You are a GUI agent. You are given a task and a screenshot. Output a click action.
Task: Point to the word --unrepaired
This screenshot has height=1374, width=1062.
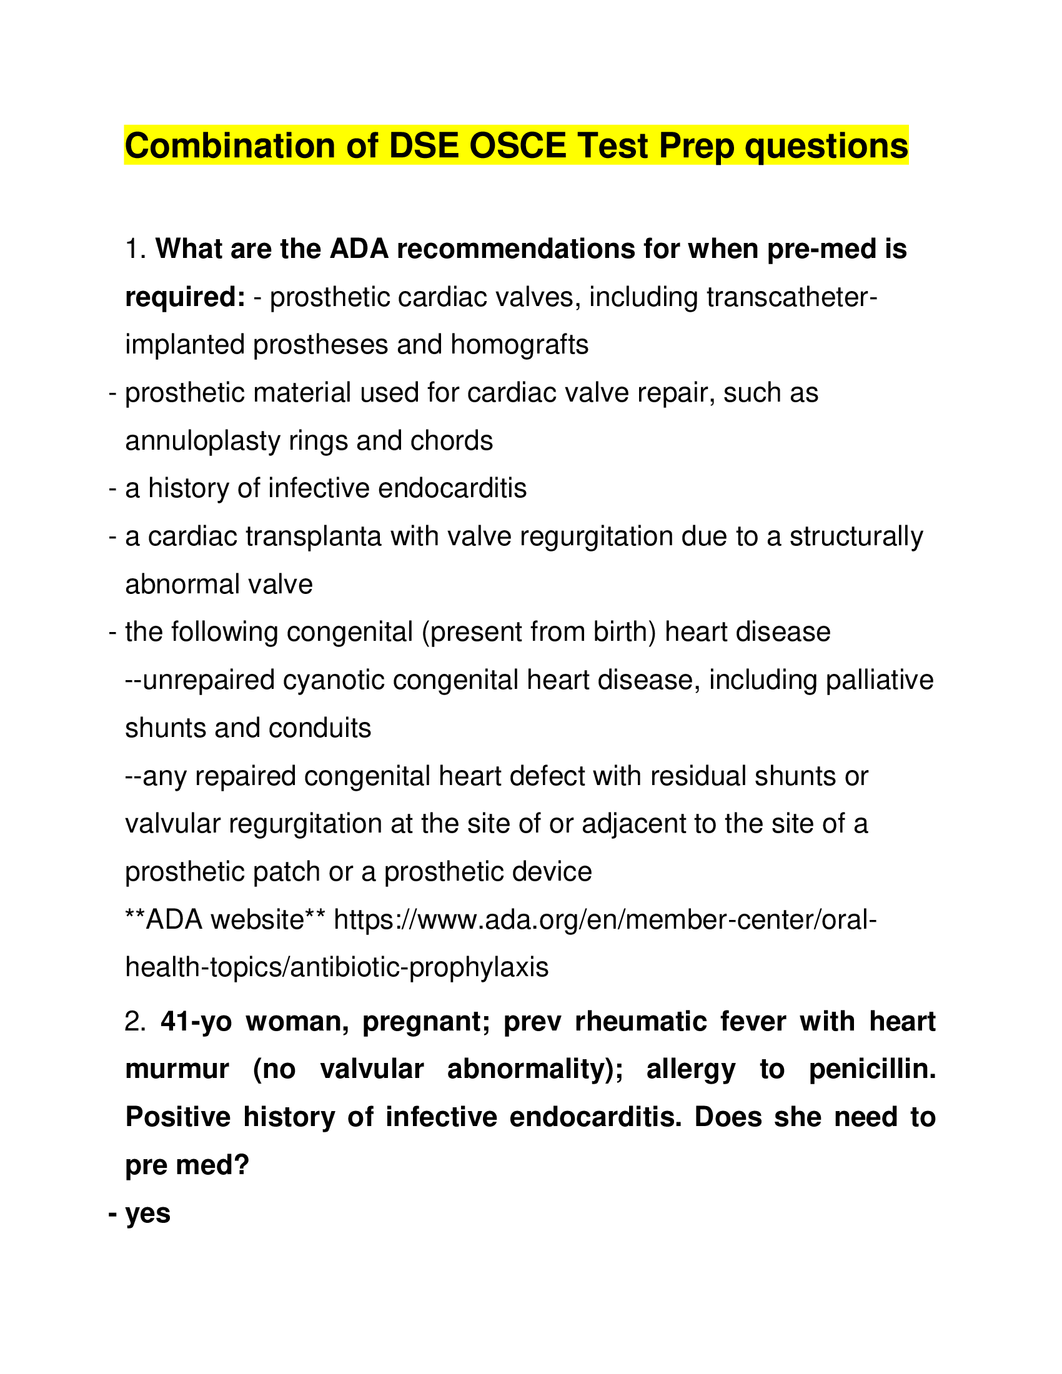[x=199, y=680]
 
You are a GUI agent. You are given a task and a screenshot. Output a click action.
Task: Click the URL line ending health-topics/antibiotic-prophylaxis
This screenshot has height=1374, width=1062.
[x=337, y=967]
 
